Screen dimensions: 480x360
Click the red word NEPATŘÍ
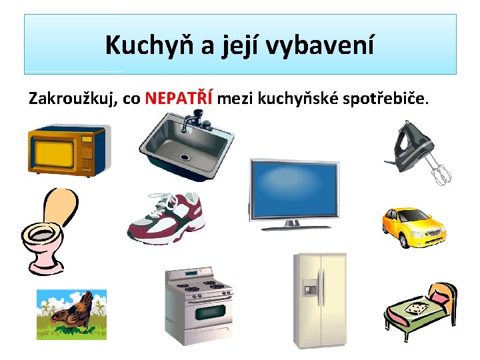(179, 97)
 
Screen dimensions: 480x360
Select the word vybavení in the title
(319, 45)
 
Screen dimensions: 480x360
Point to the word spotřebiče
(385, 99)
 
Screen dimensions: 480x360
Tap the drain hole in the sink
(185, 157)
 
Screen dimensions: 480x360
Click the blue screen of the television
(294, 188)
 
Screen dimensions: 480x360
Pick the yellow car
(414, 227)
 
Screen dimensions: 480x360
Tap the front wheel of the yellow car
(404, 241)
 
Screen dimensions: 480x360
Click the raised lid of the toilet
(61, 206)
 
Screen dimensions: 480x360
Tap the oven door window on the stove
(210, 312)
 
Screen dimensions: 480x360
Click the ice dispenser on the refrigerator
(309, 287)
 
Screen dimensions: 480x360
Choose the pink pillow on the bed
(438, 297)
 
